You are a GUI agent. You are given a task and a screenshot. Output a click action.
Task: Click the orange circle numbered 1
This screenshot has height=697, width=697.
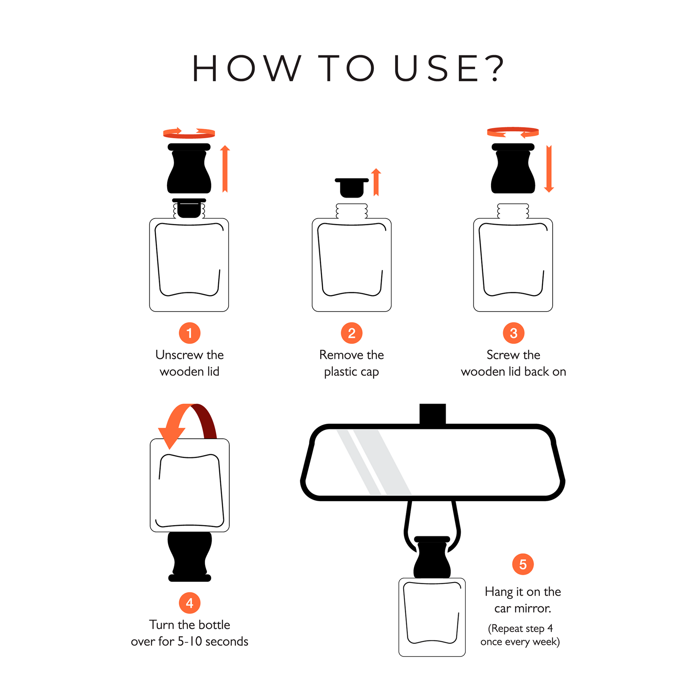(189, 333)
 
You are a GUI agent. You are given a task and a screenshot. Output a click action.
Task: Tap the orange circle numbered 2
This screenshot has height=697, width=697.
(351, 333)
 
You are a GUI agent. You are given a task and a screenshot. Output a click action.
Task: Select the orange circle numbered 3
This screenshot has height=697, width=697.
(513, 333)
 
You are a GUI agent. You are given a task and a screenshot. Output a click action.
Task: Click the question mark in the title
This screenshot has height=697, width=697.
(494, 68)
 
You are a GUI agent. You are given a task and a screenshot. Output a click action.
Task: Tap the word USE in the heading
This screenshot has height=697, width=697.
(437, 68)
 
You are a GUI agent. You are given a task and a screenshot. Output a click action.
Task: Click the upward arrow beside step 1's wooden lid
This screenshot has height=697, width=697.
(225, 168)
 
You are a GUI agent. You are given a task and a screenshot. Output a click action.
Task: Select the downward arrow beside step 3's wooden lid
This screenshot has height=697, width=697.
(549, 168)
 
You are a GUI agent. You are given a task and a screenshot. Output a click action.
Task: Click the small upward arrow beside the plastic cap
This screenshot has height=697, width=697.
(376, 182)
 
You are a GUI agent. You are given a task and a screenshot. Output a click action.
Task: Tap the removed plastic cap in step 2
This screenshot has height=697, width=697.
(352, 188)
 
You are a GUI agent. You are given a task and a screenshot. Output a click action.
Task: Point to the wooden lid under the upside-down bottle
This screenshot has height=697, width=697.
(190, 556)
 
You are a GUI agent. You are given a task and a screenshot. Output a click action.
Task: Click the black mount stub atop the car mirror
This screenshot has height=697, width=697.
(433, 414)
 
